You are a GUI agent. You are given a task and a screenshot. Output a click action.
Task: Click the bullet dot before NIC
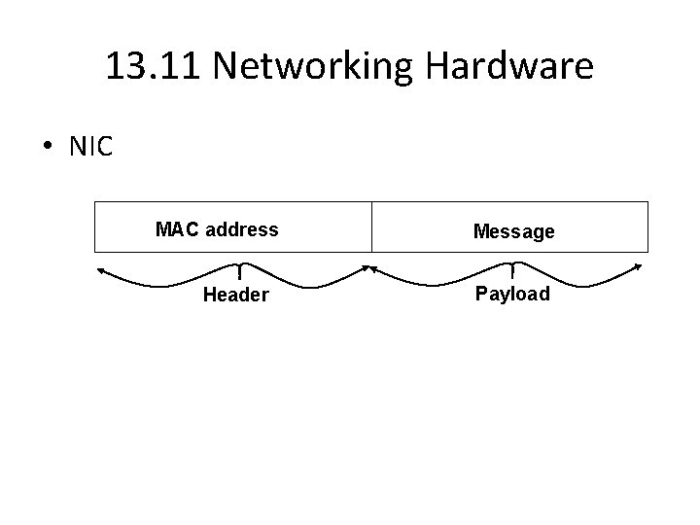point(48,148)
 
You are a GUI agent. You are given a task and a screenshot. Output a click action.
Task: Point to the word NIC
point(91,147)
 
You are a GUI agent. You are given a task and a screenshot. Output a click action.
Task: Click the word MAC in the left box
point(175,230)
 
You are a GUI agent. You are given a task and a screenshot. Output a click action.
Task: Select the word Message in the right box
point(513,231)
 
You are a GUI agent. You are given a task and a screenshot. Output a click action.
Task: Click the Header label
point(235,295)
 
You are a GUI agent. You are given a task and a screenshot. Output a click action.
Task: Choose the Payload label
point(511,294)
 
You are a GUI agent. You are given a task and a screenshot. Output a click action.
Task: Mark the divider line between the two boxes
point(371,227)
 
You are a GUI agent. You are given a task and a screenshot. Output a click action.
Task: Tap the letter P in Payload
point(480,294)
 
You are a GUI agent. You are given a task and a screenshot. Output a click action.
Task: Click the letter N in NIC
point(77,147)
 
